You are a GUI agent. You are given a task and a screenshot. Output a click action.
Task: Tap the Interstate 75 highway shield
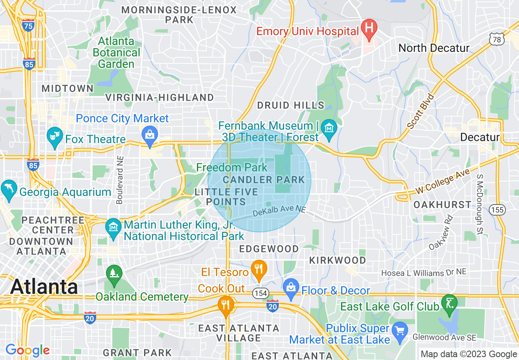click(29, 25)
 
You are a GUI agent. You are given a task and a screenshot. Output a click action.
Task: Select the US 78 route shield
click(496, 39)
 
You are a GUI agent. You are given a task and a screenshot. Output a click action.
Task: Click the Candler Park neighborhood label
click(264, 180)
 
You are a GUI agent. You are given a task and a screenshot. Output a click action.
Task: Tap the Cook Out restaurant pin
click(226, 305)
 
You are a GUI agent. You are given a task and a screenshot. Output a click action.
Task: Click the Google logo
click(27, 350)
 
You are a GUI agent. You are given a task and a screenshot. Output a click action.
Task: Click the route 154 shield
click(260, 293)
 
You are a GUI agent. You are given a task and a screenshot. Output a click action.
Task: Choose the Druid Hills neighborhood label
click(290, 106)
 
